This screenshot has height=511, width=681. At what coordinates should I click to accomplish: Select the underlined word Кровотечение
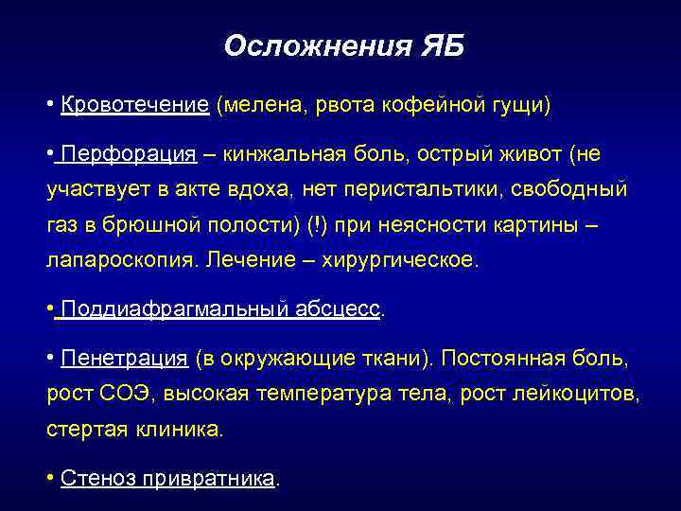coord(134,104)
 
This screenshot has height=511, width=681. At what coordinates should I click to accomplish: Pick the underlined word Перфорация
coord(129,154)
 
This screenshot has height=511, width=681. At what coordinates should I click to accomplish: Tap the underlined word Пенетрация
coord(124,359)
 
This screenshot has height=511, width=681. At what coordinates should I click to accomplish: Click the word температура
coord(318,394)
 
